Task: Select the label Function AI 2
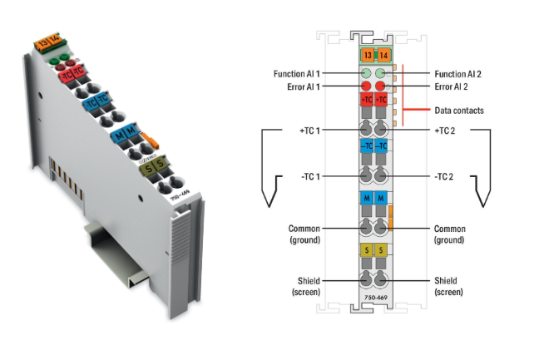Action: [x=457, y=74]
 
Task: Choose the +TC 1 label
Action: [x=309, y=131]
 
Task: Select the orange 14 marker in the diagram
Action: [x=382, y=56]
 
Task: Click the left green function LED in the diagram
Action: [x=366, y=73]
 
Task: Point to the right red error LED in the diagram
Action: [x=381, y=86]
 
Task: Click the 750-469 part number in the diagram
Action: [x=373, y=295]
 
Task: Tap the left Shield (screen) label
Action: [x=306, y=286]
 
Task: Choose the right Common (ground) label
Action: [x=452, y=233]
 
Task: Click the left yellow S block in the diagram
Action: [x=366, y=249]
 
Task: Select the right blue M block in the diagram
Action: [x=381, y=199]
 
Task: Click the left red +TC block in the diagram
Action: [x=366, y=101]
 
